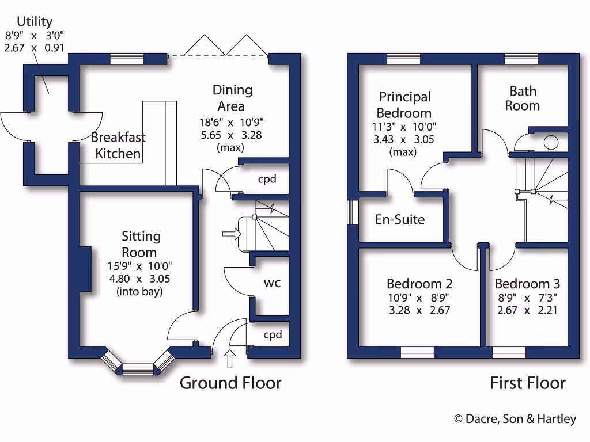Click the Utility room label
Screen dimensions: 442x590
(35, 22)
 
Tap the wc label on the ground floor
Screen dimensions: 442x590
(272, 283)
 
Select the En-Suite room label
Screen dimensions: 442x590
(400, 219)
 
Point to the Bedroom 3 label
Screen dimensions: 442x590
(527, 284)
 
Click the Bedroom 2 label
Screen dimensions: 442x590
(419, 284)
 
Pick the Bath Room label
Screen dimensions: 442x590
(523, 98)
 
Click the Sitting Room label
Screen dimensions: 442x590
(141, 244)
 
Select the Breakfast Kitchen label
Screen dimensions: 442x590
(118, 146)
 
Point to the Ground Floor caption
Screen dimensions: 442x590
(230, 383)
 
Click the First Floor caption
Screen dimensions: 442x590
(528, 383)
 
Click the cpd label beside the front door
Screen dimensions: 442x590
(273, 334)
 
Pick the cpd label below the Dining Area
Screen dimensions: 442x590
(267, 179)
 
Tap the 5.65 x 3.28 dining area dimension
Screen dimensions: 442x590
(233, 135)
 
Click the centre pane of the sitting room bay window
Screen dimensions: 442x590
(138, 369)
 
